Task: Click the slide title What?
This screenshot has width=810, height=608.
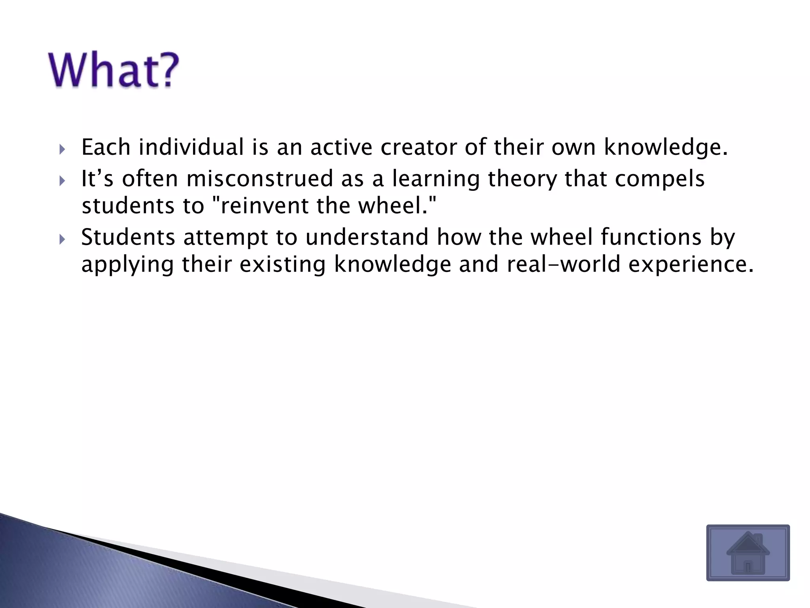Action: (x=114, y=70)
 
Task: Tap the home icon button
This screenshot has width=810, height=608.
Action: (x=748, y=553)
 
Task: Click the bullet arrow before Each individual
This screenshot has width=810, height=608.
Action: (x=62, y=150)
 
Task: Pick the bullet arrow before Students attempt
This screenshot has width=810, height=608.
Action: (x=62, y=239)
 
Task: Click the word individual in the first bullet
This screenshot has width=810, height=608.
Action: (x=191, y=147)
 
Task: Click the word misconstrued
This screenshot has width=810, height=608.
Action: (x=259, y=179)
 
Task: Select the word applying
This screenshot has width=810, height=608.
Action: (x=127, y=265)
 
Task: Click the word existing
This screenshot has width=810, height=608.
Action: (x=282, y=265)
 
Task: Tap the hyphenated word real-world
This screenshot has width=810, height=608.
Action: (x=563, y=264)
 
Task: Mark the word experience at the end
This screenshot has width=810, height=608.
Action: (x=691, y=265)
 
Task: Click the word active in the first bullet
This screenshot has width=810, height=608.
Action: (x=341, y=147)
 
